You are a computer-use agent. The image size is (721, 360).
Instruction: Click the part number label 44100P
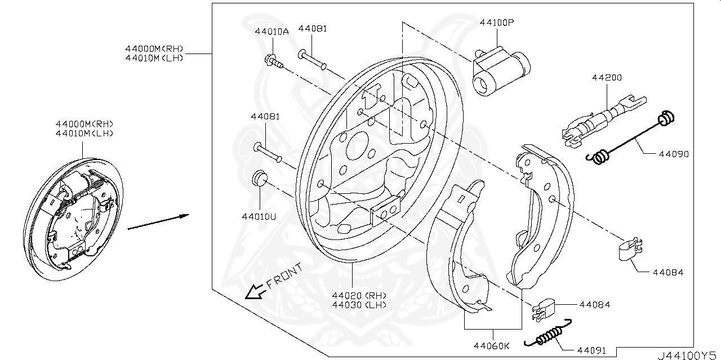click(x=497, y=23)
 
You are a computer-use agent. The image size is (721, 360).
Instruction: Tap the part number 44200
click(x=607, y=77)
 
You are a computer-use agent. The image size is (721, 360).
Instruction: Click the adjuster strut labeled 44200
click(x=600, y=119)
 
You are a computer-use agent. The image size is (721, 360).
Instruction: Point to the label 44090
click(x=671, y=153)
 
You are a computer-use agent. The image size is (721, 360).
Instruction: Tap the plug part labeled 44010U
click(x=259, y=177)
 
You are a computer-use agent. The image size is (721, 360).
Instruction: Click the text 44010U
click(x=260, y=216)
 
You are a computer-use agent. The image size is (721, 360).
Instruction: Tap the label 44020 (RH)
click(x=359, y=295)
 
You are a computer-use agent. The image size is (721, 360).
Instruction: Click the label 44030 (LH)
click(x=359, y=305)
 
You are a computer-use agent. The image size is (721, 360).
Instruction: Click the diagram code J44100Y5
click(x=687, y=355)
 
